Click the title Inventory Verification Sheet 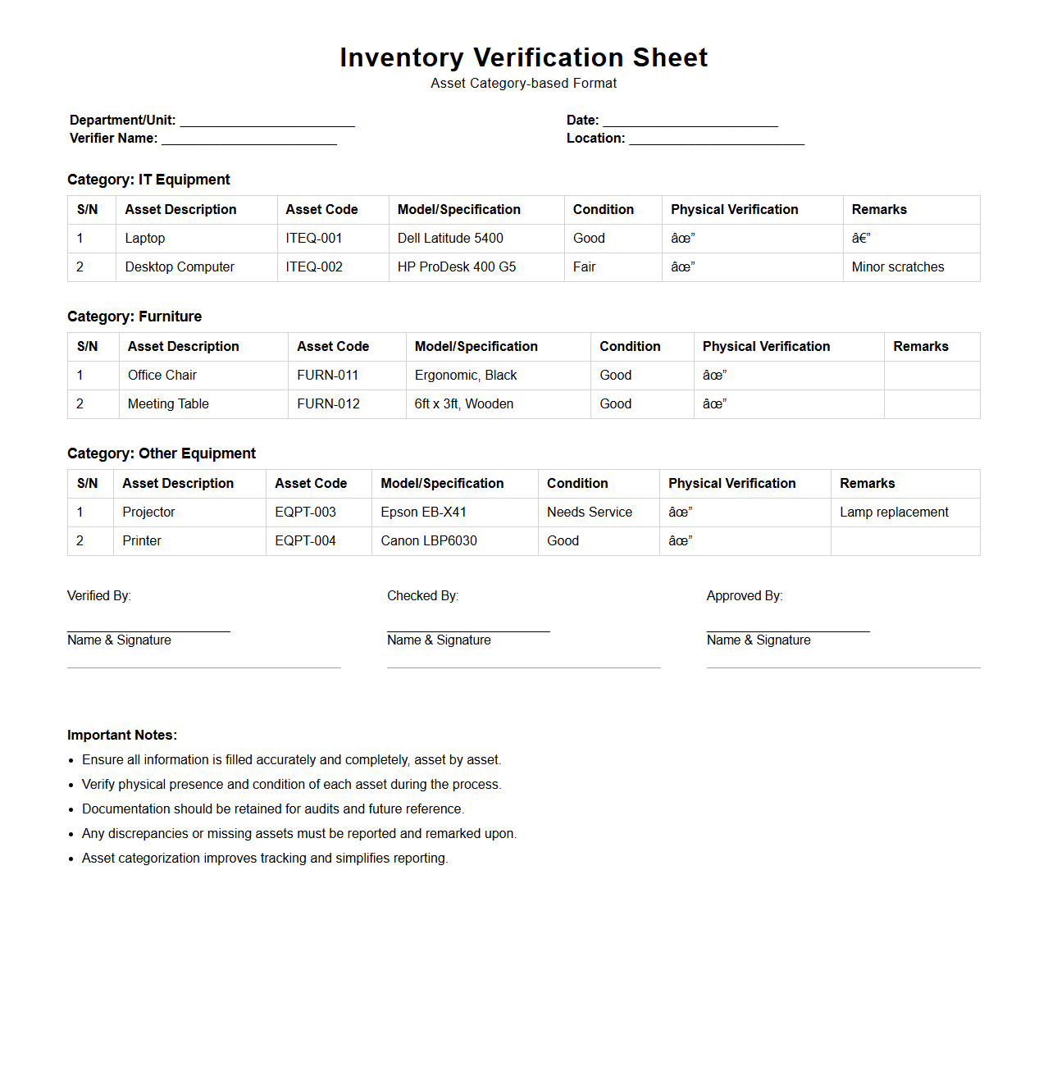pyautogui.click(x=523, y=57)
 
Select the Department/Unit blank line pyautogui.click(x=267, y=121)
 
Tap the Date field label pyautogui.click(x=582, y=121)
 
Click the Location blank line pyautogui.click(x=717, y=139)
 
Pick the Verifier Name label pyautogui.click(x=113, y=139)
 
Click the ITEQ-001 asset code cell pyautogui.click(x=314, y=239)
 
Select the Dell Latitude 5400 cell pyautogui.click(x=450, y=239)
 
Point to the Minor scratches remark pyautogui.click(x=898, y=267)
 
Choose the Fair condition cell pyautogui.click(x=585, y=267)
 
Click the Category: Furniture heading pyautogui.click(x=134, y=317)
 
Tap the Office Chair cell pyautogui.click(x=162, y=376)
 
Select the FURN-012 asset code pyautogui.click(x=328, y=404)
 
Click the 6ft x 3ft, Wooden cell pyautogui.click(x=464, y=404)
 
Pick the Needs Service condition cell pyautogui.click(x=590, y=512)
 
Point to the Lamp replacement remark pyautogui.click(x=894, y=512)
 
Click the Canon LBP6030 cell pyautogui.click(x=429, y=541)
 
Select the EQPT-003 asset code pyautogui.click(x=305, y=512)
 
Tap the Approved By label pyautogui.click(x=745, y=596)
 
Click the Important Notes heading pyautogui.click(x=122, y=736)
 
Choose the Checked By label pyautogui.click(x=422, y=596)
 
